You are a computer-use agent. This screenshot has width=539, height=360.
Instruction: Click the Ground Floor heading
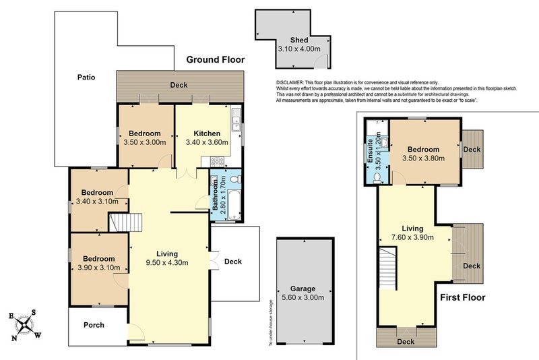pyautogui.click(x=216, y=59)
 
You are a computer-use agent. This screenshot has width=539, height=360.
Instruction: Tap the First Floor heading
pyautogui.click(x=463, y=297)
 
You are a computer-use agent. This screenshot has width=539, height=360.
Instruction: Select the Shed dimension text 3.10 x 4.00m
pyautogui.click(x=299, y=49)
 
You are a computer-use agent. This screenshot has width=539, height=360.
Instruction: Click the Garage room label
pyautogui.click(x=303, y=289)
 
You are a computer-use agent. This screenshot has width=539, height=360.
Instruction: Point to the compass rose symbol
pyautogui.click(x=24, y=325)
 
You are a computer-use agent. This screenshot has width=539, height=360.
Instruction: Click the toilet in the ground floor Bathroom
pyautogui.click(x=236, y=179)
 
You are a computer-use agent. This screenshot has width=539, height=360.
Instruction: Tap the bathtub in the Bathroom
pyautogui.click(x=234, y=205)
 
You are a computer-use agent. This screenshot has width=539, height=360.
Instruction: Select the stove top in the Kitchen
pyautogui.click(x=217, y=162)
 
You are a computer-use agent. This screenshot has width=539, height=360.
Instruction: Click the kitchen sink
pyautogui.click(x=236, y=119)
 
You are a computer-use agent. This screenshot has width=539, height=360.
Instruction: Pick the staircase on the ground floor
pyautogui.click(x=125, y=222)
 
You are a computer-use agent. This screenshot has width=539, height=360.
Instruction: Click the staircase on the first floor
pyautogui.click(x=388, y=268)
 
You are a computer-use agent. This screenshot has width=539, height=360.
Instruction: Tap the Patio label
pyautogui.click(x=86, y=78)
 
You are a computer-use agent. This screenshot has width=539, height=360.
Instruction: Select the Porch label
pyautogui.click(x=94, y=325)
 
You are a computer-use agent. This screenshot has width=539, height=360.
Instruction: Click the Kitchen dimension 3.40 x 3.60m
pyautogui.click(x=207, y=142)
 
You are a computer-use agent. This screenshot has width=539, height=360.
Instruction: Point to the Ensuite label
pyautogui.click(x=370, y=151)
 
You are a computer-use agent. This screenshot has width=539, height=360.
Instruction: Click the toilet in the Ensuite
pyautogui.click(x=377, y=178)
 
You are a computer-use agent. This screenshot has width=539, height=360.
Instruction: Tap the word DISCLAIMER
pyautogui.click(x=290, y=82)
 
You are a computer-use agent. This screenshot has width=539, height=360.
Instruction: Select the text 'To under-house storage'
pyautogui.click(x=271, y=323)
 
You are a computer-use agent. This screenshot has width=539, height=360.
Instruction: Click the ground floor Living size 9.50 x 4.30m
pyautogui.click(x=167, y=263)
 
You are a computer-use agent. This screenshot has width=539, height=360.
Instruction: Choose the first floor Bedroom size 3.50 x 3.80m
pyautogui.click(x=424, y=158)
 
